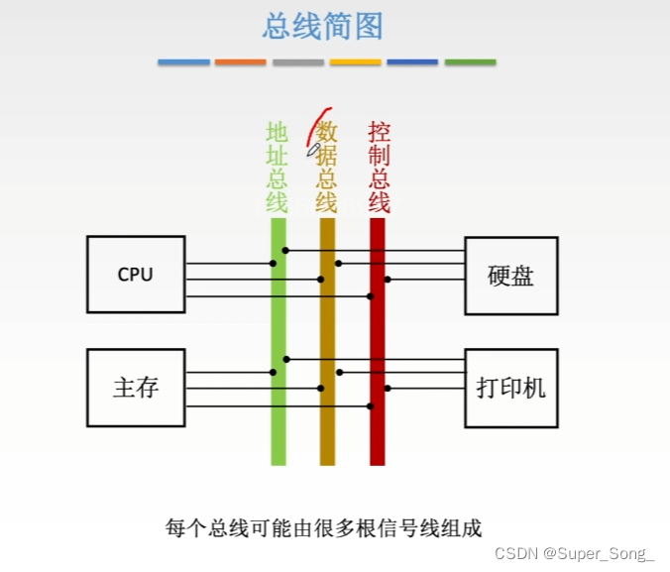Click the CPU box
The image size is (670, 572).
coord(136,275)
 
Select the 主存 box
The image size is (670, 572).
coord(136,387)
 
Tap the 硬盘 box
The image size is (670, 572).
coord(511,276)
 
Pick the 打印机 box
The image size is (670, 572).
coord(511,388)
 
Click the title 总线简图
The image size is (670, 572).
coord(323,26)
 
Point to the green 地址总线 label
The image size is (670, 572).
coord(277,168)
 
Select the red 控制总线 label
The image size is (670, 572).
coord(379,168)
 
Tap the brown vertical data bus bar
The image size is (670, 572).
coord(328,426)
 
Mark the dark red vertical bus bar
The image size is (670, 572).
coord(378,426)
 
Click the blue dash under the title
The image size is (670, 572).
coord(184,62)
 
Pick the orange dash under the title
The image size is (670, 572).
coord(241,62)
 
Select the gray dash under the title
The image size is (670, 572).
coord(298,62)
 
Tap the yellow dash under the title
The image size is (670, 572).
coord(355,62)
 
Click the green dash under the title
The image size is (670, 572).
coord(470,62)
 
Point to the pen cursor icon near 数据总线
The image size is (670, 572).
coord(314,149)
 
